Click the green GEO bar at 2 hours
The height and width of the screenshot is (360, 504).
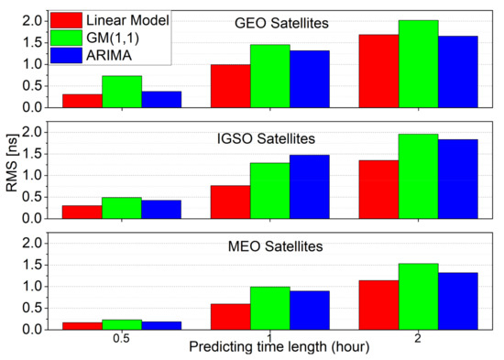tap(418, 63)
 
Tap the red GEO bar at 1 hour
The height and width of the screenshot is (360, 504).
tap(230, 85)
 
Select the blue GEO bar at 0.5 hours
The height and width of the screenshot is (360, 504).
tap(161, 99)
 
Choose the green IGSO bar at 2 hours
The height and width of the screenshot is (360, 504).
tap(418, 176)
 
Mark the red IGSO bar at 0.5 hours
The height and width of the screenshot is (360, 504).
tap(82, 212)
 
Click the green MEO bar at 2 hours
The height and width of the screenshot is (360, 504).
tap(418, 296)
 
